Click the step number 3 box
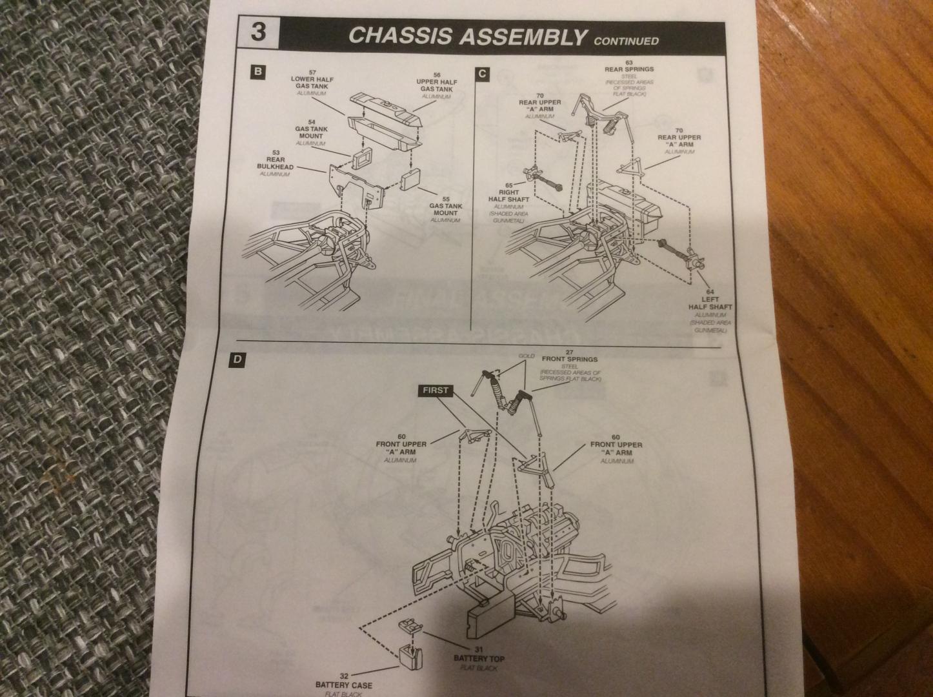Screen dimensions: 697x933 tap(258, 33)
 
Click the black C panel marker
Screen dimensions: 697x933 tap(482, 74)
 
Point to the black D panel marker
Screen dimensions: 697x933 tap(238, 360)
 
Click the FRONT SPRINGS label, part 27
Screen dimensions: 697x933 tap(570, 359)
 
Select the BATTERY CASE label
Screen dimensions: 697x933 tap(344, 685)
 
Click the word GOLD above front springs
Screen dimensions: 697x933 tap(527, 356)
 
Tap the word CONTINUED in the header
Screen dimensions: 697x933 tap(627, 41)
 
